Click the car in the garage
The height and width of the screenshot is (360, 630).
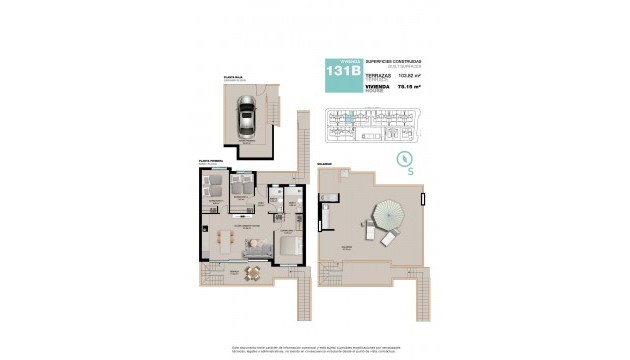(x=245, y=120)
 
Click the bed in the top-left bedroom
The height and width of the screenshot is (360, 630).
(x=212, y=184)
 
